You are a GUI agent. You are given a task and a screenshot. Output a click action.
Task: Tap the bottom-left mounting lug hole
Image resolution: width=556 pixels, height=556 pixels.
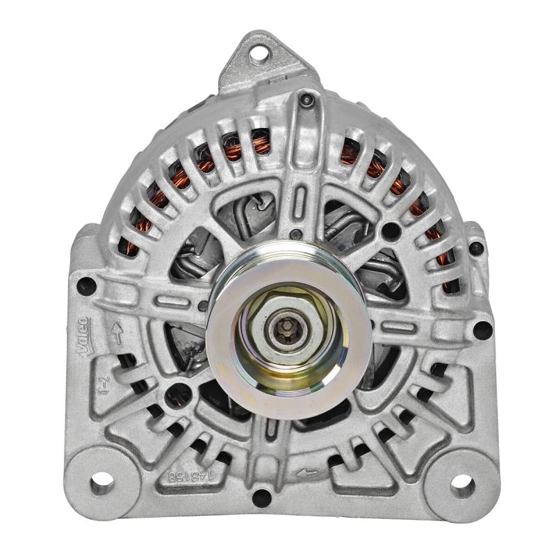point(101,480)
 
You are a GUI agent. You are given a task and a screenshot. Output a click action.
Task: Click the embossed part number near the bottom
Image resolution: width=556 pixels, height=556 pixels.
point(183,477)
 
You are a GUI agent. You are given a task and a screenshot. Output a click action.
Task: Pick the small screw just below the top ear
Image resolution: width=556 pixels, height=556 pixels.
point(306,101)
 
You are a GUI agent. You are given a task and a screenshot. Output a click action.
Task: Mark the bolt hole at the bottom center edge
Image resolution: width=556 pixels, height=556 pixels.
point(261,497)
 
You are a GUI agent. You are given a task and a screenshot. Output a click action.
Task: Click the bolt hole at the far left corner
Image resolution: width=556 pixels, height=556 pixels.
point(86,285)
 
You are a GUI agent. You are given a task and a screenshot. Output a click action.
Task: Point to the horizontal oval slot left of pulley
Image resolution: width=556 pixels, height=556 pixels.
point(174,302)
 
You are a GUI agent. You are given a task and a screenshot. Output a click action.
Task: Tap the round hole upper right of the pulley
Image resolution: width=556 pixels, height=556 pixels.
point(391,231)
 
